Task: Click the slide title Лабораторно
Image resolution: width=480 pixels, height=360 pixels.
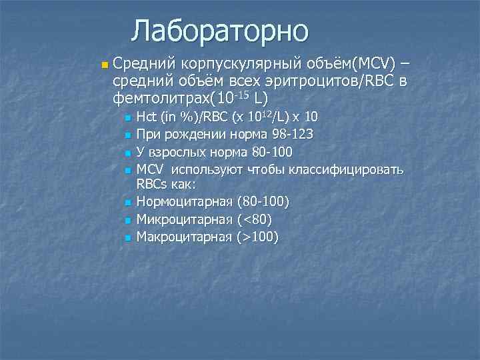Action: tap(220, 31)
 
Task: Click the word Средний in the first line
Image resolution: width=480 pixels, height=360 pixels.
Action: tap(142, 65)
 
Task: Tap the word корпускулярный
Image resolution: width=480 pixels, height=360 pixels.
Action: tap(240, 65)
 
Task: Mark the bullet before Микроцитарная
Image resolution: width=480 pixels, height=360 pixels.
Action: tap(127, 220)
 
